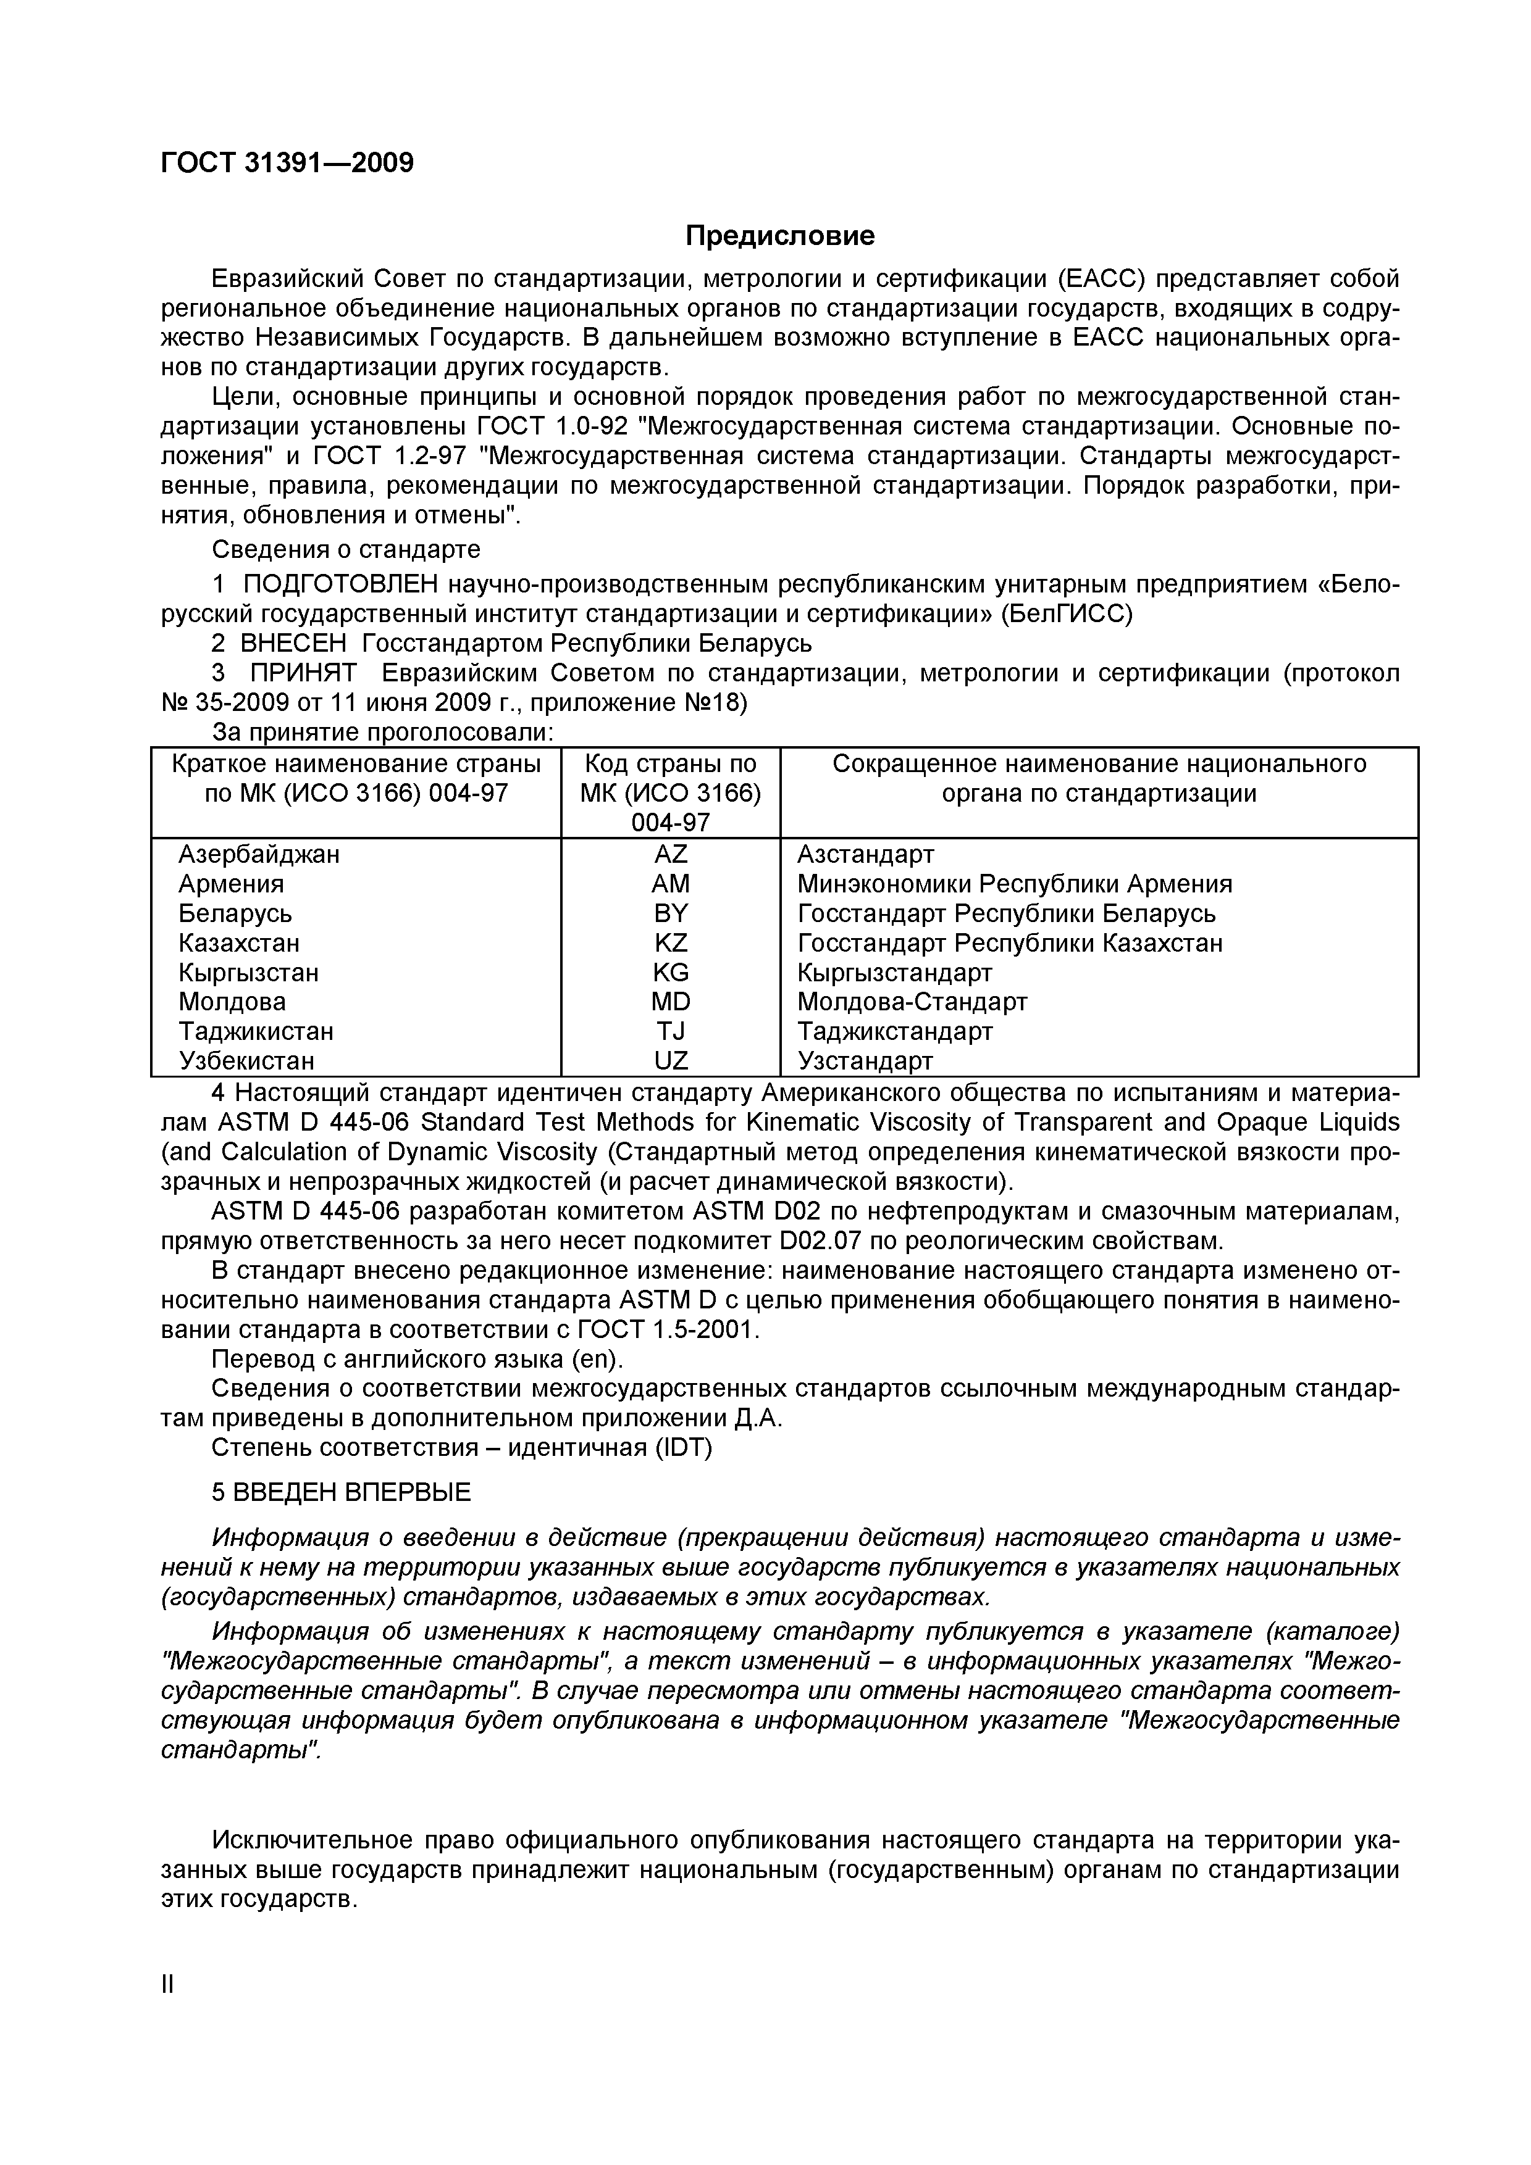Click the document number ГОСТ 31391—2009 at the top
pyautogui.click(x=287, y=163)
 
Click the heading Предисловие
pyautogui.click(x=779, y=236)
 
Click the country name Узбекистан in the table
pyautogui.click(x=246, y=1061)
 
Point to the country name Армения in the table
pyautogui.click(x=231, y=884)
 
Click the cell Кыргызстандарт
pyautogui.click(x=894, y=972)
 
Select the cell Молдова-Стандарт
pyautogui.click(x=912, y=1002)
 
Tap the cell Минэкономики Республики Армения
pyautogui.click(x=1014, y=884)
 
